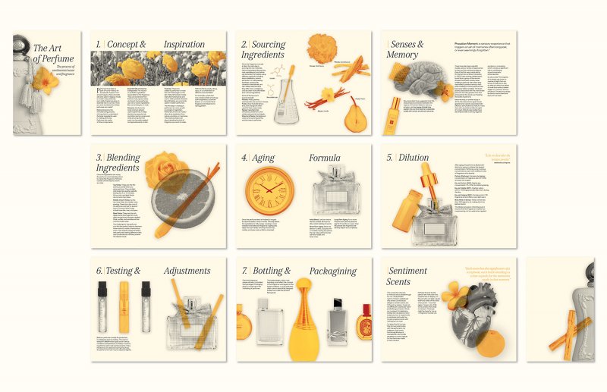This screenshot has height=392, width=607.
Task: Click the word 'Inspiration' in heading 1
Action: coord(184,44)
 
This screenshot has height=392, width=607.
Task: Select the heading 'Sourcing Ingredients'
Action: coord(263,49)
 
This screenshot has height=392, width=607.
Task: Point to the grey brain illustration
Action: coord(415,77)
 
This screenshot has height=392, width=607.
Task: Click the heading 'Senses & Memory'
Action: coord(406,49)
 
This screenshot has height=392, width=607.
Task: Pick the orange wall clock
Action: coord(269,190)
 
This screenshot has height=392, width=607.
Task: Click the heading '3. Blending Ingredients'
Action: coord(118,163)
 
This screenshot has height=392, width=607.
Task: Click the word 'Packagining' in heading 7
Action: coord(330,271)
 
